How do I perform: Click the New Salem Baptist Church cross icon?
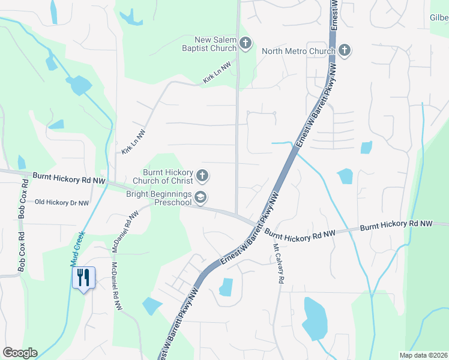coord(245,43)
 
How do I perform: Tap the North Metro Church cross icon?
coord(345,50)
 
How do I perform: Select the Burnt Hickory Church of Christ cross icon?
coord(203,176)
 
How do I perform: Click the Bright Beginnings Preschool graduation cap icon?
coord(201,197)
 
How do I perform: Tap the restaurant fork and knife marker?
coord(83,278)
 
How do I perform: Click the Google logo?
coord(20,353)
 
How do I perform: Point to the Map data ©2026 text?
coord(423,355)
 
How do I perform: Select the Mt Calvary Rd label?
coord(279,264)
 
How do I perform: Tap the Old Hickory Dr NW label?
coord(62,203)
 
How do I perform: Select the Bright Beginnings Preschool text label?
coord(159,198)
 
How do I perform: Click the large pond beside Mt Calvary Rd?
coord(314,318)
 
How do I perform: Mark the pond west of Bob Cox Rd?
coord(22,162)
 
